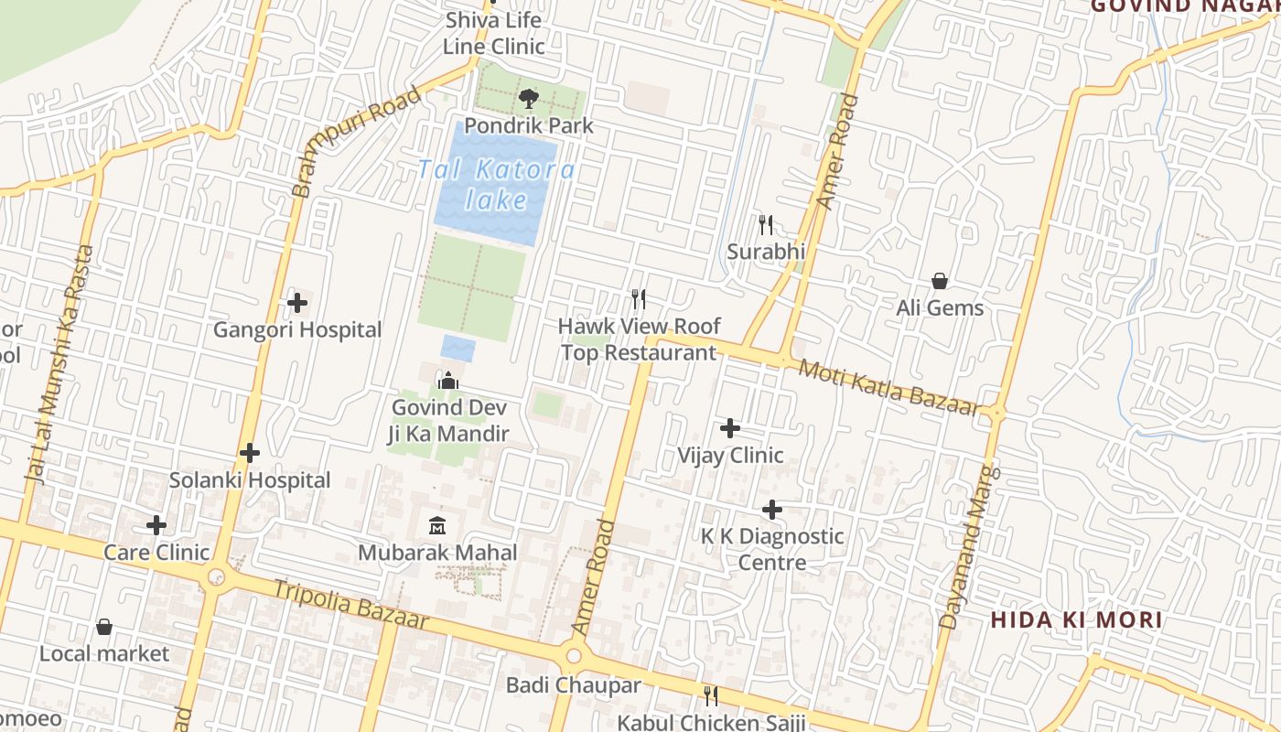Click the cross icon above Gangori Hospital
click(x=297, y=303)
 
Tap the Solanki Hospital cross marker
click(x=250, y=453)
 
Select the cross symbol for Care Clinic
click(x=156, y=525)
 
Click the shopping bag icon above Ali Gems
click(x=939, y=281)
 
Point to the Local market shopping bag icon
click(x=104, y=627)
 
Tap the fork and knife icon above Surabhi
click(x=766, y=224)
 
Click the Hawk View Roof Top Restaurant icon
click(x=639, y=298)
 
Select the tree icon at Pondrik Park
click(x=528, y=99)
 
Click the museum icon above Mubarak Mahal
click(x=437, y=525)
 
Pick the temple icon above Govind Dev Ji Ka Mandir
click(x=449, y=380)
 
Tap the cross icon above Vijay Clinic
click(x=730, y=428)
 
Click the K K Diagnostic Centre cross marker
click(x=772, y=510)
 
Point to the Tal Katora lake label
click(x=497, y=185)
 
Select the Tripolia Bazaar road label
click(x=351, y=604)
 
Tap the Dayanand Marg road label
click(x=965, y=547)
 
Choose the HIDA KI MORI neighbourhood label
click(x=1077, y=619)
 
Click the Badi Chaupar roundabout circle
click(x=574, y=656)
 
